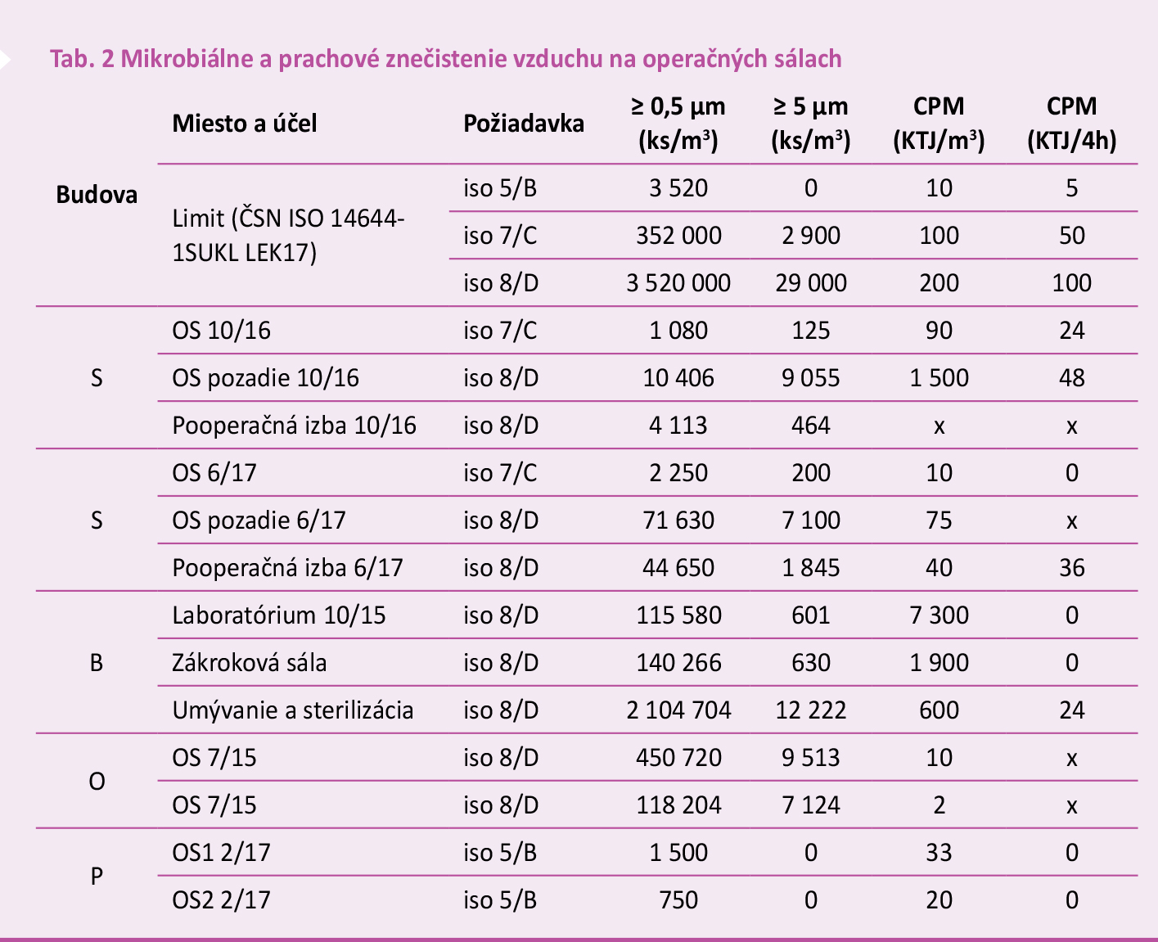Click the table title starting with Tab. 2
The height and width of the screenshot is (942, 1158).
446,59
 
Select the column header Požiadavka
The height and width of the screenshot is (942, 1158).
524,124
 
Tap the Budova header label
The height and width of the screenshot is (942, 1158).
97,195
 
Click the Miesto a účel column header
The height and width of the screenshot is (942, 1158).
245,124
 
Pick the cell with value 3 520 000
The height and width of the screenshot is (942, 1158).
678,283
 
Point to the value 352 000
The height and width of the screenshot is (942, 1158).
678,236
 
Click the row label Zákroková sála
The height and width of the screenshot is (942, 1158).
250,663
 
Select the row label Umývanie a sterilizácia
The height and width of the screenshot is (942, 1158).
293,710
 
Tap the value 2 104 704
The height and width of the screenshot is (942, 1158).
678,710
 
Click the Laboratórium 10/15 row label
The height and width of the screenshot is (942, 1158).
279,615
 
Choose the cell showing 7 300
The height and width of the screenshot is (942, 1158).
939,615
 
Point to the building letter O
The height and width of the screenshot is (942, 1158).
97,782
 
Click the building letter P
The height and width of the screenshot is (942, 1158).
97,877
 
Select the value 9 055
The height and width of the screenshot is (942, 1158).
810,378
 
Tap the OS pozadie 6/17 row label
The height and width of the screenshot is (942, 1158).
259,521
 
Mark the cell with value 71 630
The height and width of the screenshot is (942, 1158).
678,521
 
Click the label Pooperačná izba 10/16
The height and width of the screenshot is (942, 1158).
295,426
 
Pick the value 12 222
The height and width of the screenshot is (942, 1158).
810,710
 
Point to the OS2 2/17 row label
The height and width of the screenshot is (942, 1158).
221,900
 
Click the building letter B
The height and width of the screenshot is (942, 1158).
97,663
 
